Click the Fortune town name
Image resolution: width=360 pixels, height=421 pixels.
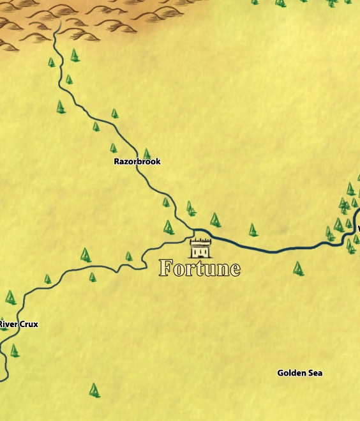(x=200, y=268)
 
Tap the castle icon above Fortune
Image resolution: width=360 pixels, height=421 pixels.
(x=200, y=247)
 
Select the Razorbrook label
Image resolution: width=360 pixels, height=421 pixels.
(x=137, y=162)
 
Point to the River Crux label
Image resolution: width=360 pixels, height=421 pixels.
(x=19, y=325)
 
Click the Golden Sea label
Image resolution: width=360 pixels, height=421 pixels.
(x=299, y=373)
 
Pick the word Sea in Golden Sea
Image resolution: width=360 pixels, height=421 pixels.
(x=315, y=373)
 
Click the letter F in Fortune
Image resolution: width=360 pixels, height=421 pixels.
(x=167, y=268)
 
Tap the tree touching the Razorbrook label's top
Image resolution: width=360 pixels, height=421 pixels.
(x=147, y=154)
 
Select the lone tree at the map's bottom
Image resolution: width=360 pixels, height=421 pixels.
(x=94, y=390)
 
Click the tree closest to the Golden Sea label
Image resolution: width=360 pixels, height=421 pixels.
(x=298, y=268)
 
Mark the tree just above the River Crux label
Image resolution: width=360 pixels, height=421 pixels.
(x=10, y=298)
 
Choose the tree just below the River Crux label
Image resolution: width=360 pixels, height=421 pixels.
(x=14, y=351)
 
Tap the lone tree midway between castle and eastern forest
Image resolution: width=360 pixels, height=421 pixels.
(x=253, y=229)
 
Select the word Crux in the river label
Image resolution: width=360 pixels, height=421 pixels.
(x=28, y=325)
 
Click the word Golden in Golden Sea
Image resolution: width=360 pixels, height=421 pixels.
(x=290, y=373)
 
